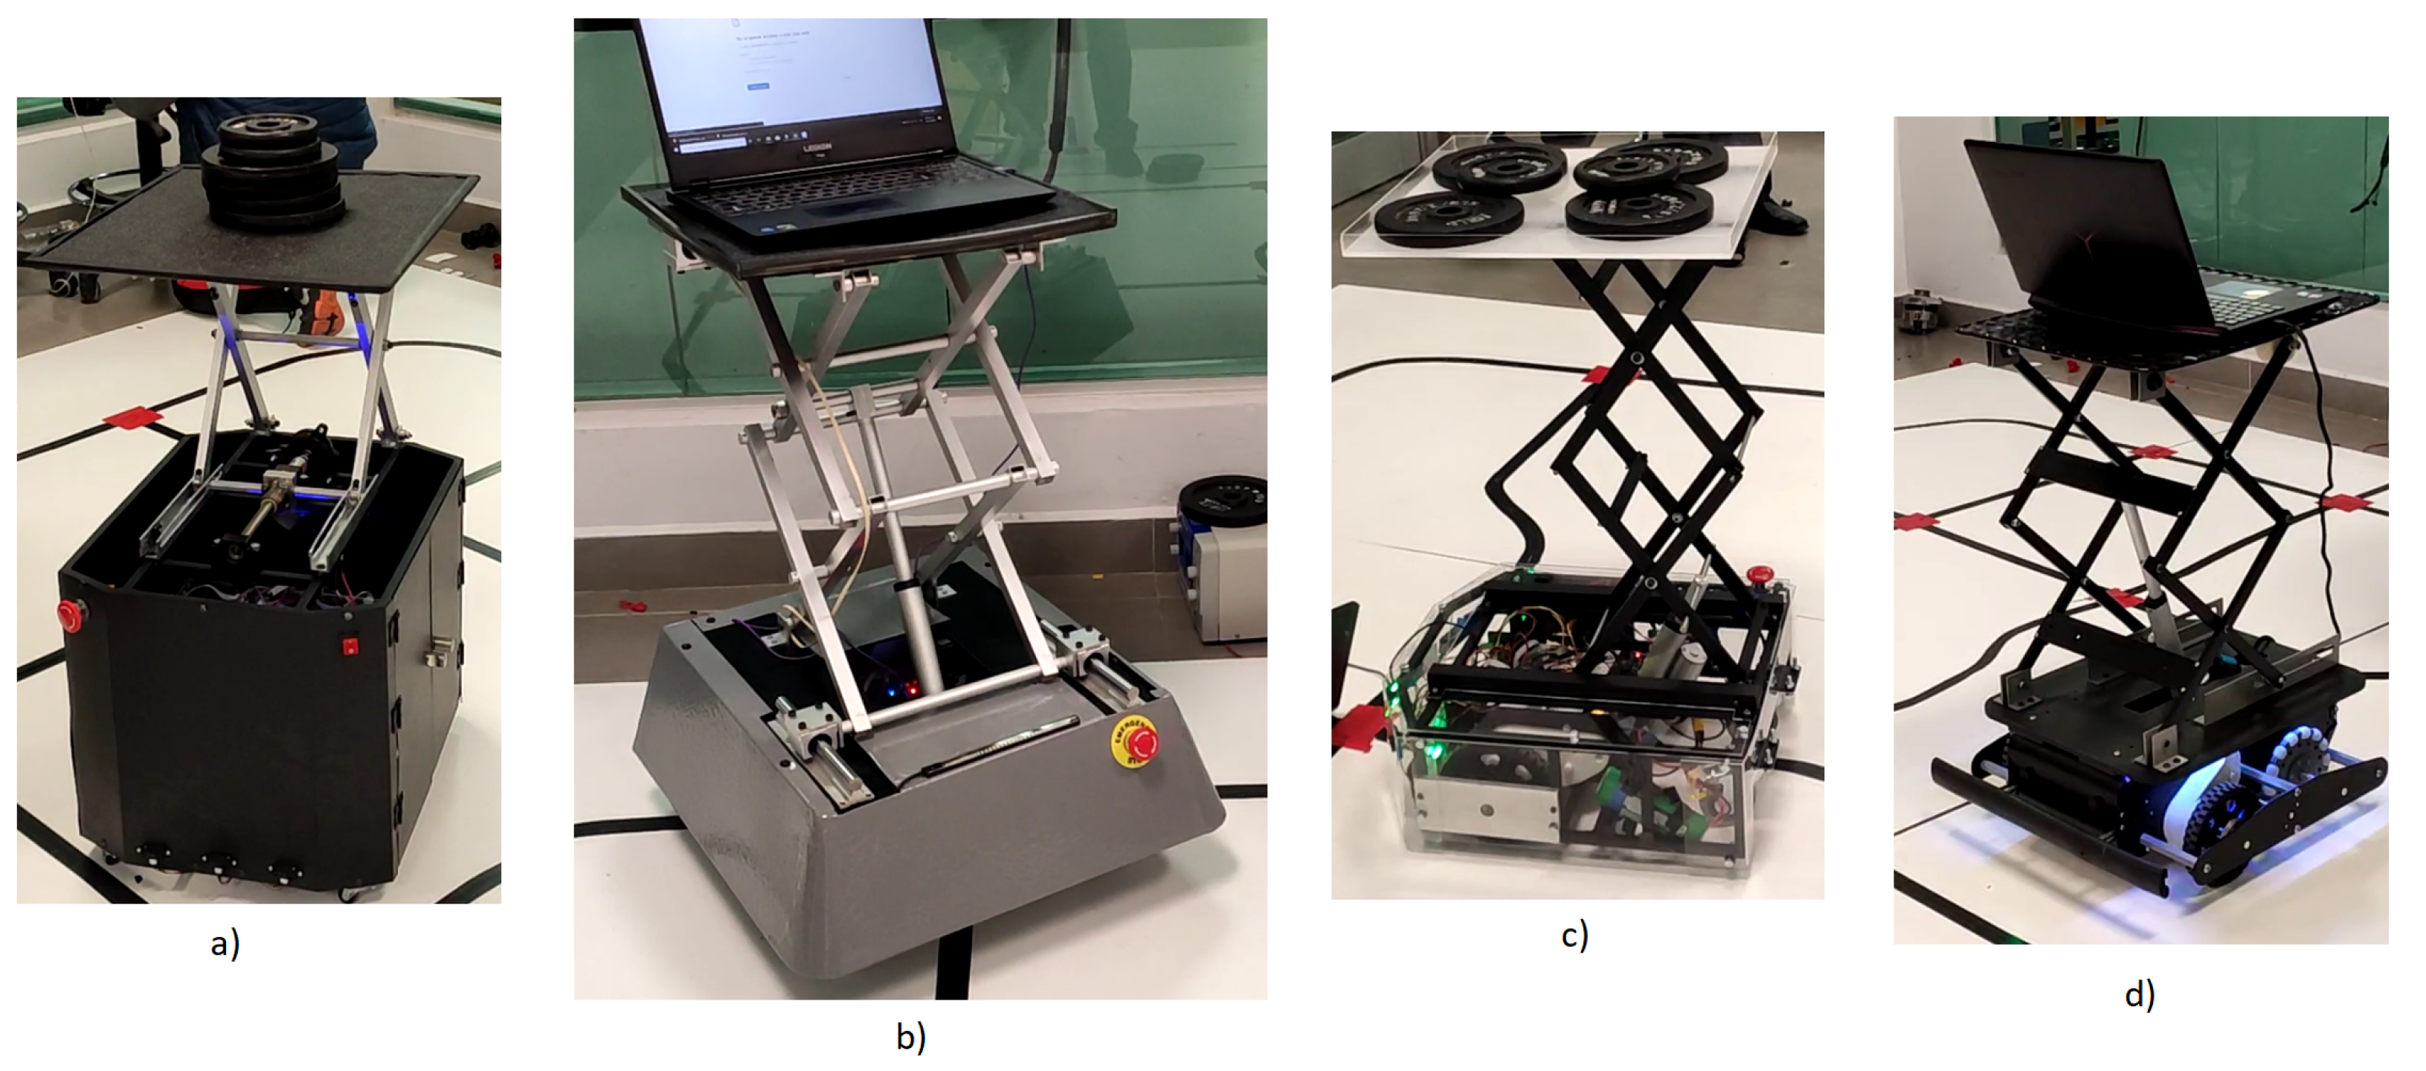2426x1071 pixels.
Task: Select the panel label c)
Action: click(1574, 934)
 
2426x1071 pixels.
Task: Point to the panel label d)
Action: click(2140, 994)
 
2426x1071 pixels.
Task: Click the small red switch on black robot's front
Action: click(350, 646)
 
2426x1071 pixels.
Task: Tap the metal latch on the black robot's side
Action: click(440, 650)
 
